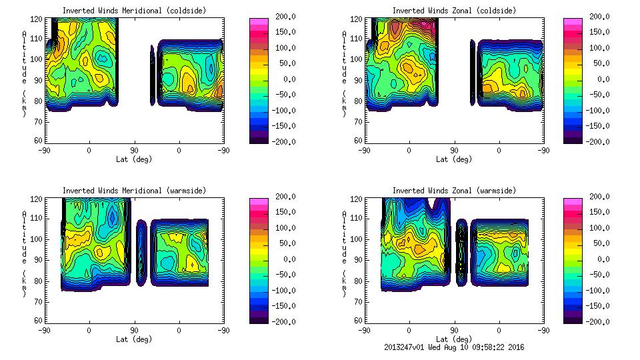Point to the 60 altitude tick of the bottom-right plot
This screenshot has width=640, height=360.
pos(353,321)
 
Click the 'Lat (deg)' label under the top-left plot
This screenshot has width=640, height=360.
pos(134,159)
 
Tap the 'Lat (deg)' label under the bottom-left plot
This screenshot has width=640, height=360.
pos(134,339)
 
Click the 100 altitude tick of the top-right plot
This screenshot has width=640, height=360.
pos(352,59)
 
